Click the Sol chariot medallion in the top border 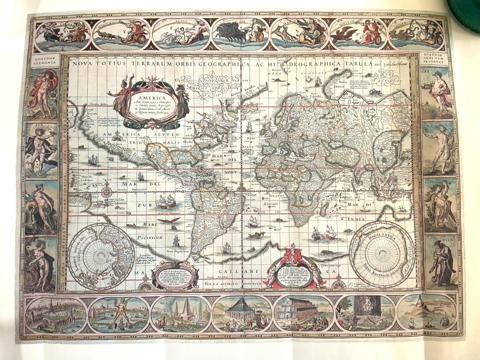[x=240, y=34]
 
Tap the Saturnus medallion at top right [x=416, y=33]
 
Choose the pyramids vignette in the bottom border [x=181, y=314]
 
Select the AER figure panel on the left [x=41, y=149]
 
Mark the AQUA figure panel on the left [x=41, y=206]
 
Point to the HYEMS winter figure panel [x=440, y=262]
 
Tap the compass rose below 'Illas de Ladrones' [x=107, y=192]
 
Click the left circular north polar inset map [x=101, y=256]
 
